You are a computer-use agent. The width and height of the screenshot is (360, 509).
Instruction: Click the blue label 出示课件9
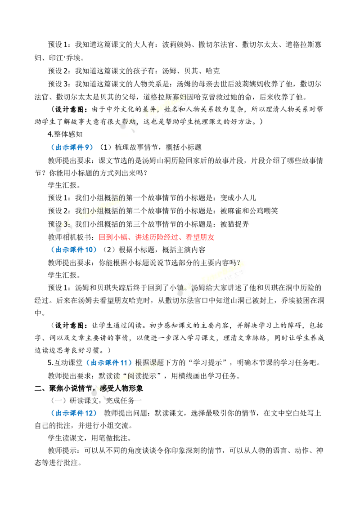point(72,147)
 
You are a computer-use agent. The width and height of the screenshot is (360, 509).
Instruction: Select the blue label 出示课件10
point(74,250)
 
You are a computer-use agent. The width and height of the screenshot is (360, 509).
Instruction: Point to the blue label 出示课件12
point(74,413)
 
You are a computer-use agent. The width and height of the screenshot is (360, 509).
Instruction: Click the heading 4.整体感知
point(65,134)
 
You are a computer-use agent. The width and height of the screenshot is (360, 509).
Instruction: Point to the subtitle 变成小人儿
point(238,198)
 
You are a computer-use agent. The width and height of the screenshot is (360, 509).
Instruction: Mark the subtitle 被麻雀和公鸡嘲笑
point(249,211)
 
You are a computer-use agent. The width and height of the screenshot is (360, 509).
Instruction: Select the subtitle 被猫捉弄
point(234,224)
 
